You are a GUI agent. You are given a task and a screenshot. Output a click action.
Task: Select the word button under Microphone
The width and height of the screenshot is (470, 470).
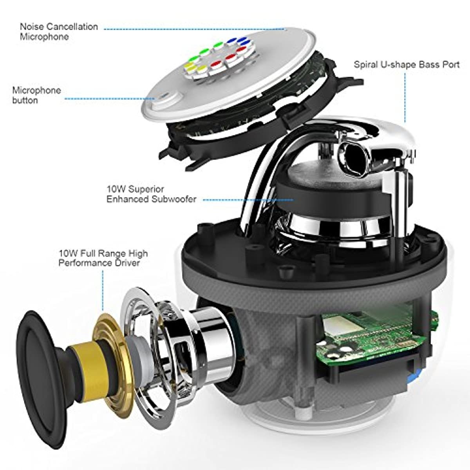pyautogui.click(x=25, y=100)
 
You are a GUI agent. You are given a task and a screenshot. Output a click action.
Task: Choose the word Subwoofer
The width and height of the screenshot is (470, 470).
pyautogui.click(x=174, y=199)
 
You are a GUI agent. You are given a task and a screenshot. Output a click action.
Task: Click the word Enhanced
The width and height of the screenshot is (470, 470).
pyautogui.click(x=128, y=199)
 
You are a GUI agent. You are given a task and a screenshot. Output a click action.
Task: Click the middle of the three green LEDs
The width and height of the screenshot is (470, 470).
pyautogui.click(x=204, y=51)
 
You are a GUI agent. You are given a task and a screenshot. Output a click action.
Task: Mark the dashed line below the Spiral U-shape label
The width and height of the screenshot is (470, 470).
pyautogui.click(x=405, y=98)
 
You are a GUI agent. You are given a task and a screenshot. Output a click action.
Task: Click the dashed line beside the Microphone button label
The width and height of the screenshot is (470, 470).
pyautogui.click(x=110, y=99)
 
